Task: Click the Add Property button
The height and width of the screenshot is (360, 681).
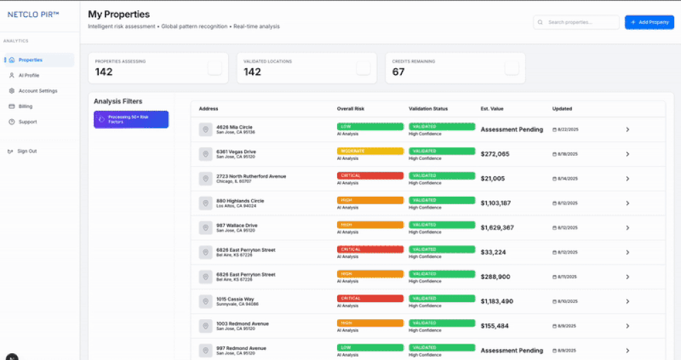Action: coord(649,22)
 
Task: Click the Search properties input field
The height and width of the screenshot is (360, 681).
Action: coord(576,22)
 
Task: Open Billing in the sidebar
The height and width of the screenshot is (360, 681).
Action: coord(25,106)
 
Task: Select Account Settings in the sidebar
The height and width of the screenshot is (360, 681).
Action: coord(37,91)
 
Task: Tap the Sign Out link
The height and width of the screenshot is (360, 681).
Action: coord(27,151)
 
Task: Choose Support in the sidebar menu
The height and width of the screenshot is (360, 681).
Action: coord(28,122)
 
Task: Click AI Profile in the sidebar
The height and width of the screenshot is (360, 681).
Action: coord(29,76)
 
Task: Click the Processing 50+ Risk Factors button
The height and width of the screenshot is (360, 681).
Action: coord(131,119)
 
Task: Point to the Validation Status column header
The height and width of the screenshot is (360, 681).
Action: coord(428,109)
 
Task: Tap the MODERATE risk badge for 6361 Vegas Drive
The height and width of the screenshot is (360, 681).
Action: coord(369,151)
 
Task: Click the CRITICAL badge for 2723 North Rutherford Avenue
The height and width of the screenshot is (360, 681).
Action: coord(369,176)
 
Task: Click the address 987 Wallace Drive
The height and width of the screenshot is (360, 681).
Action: coord(236,225)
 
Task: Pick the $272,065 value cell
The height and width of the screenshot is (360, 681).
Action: coord(495,154)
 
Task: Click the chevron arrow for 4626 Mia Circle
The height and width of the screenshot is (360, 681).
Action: coord(627,129)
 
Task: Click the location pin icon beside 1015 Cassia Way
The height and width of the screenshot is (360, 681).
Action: coord(206,301)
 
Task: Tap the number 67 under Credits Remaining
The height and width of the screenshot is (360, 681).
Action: coord(398,72)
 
